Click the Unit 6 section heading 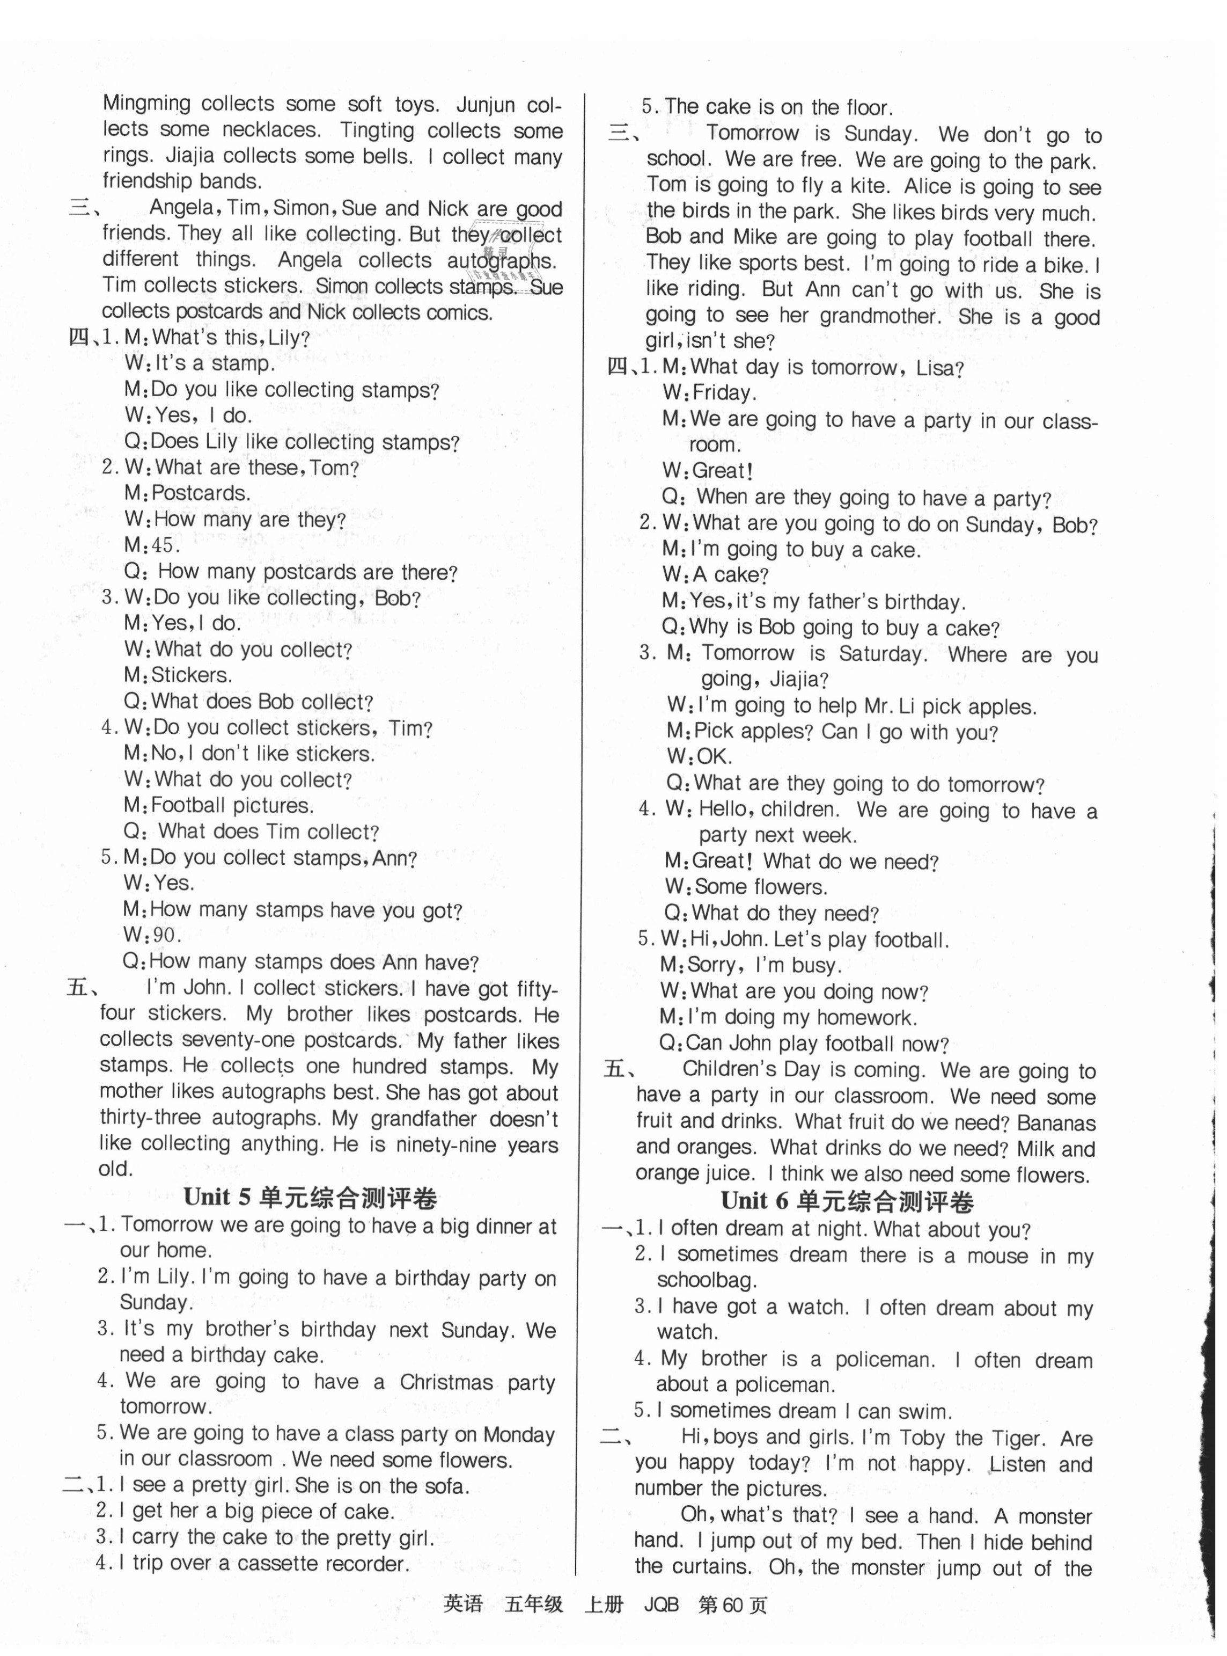click(x=847, y=1201)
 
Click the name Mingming click(x=146, y=104)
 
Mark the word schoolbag click(x=707, y=1280)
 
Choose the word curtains click(x=692, y=1566)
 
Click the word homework click(x=867, y=1017)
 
